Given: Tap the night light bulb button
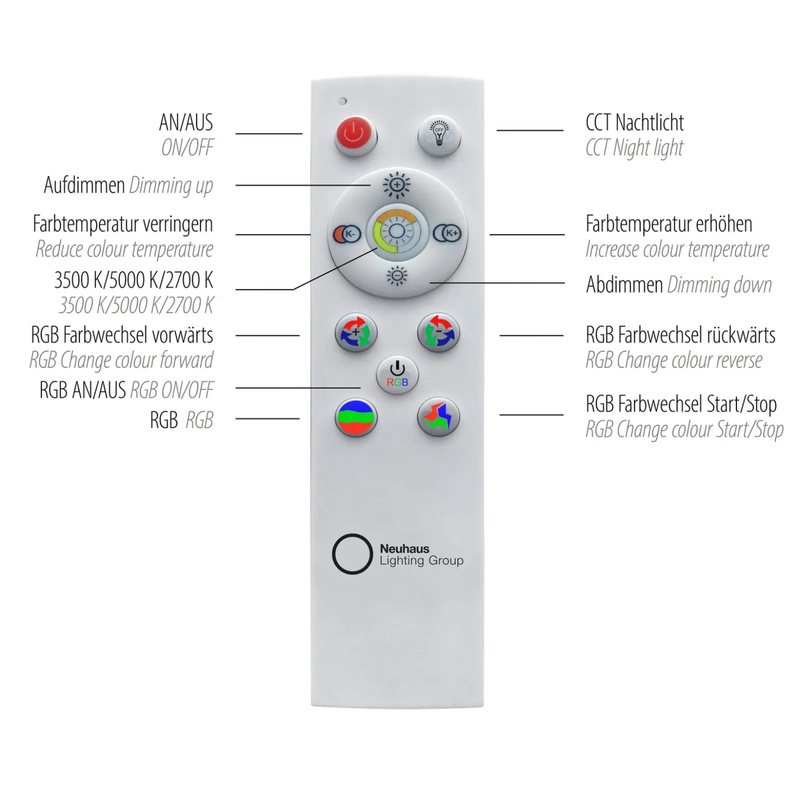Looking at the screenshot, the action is (x=439, y=136).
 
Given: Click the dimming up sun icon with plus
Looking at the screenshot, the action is (x=396, y=185).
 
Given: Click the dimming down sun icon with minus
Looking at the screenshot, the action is (x=396, y=276).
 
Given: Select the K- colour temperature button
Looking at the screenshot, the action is (x=347, y=234).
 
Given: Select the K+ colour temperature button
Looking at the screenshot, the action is (x=447, y=233).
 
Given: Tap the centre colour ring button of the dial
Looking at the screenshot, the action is (x=396, y=233).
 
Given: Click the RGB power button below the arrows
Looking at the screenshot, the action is (x=397, y=375).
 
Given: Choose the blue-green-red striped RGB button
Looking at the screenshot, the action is (x=356, y=417).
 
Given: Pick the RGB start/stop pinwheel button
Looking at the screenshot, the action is (x=438, y=417).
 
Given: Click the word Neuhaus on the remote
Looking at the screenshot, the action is (x=405, y=549).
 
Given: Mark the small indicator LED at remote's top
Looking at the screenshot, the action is (x=343, y=101).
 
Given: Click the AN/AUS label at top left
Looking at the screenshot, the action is (x=186, y=122).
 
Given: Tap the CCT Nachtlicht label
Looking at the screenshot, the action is (x=634, y=122).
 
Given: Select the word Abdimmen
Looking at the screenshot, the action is (x=624, y=285).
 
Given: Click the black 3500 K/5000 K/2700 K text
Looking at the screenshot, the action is (x=134, y=280).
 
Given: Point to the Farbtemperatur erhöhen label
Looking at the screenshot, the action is (x=669, y=224).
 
